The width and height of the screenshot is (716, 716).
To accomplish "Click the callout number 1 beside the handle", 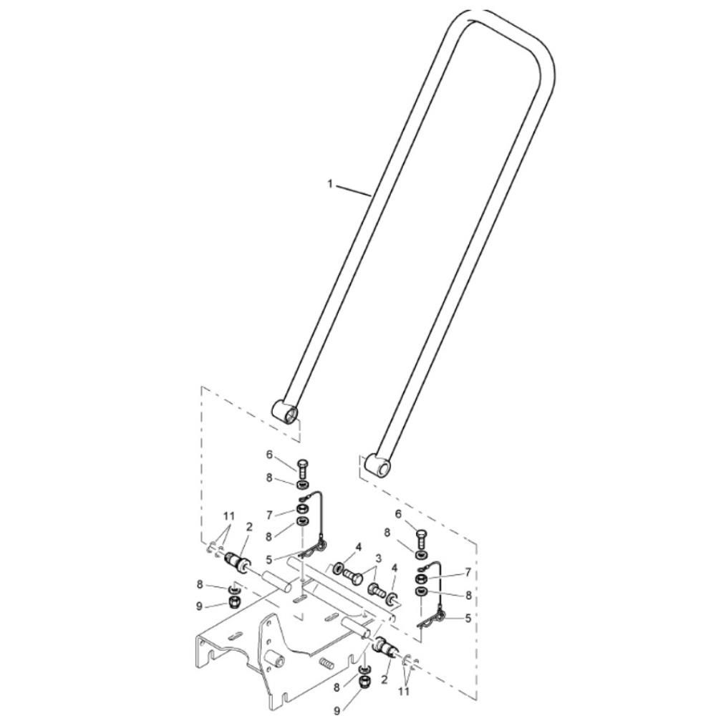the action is pos(330,183).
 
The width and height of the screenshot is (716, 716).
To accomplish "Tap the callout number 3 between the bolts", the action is pos(378,558).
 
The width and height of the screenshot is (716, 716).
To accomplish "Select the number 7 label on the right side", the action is pos(467,572).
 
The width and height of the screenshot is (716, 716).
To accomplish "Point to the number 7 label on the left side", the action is pos(269,515).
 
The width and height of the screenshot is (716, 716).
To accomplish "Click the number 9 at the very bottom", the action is pos(337,710).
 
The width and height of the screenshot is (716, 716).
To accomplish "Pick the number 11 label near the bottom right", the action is pos(404,692).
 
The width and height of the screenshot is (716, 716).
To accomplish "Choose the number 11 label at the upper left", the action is pos(229,516).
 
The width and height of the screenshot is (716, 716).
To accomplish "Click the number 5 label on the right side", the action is pos(468,619).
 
